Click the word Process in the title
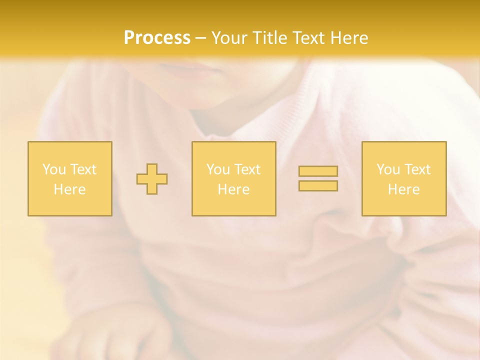(157, 38)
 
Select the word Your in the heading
(231, 38)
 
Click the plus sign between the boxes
(152, 179)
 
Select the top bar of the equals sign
(318, 171)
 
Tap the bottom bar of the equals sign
(318, 185)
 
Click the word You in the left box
(53, 169)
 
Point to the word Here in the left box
(69, 189)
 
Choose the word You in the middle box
(217, 169)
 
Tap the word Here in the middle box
(233, 189)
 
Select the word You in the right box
(387, 169)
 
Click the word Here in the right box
(403, 189)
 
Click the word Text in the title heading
(307, 38)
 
